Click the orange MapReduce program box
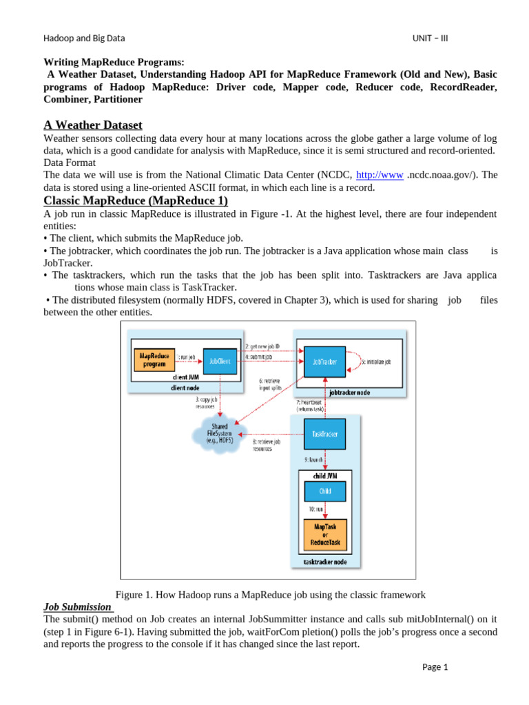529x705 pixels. (154, 359)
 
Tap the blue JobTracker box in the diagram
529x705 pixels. (324, 361)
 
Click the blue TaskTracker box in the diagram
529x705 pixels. (324, 434)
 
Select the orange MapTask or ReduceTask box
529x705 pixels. (324, 535)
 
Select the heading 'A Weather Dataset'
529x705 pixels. (93, 125)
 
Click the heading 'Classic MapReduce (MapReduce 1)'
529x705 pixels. (136, 200)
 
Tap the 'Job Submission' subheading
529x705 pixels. (78, 607)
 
